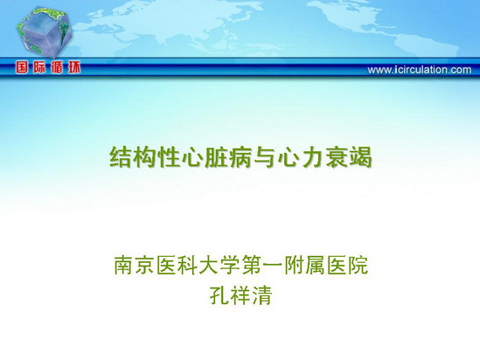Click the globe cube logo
(x=45, y=33)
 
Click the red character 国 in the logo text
(x=22, y=67)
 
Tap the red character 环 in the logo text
(x=73, y=67)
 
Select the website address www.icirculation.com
(x=420, y=70)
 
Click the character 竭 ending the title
(x=360, y=157)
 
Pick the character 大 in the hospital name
(x=209, y=265)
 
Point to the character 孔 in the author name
(x=219, y=294)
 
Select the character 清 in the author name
(x=261, y=294)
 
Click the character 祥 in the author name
(x=240, y=294)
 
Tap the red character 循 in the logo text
(x=57, y=67)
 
